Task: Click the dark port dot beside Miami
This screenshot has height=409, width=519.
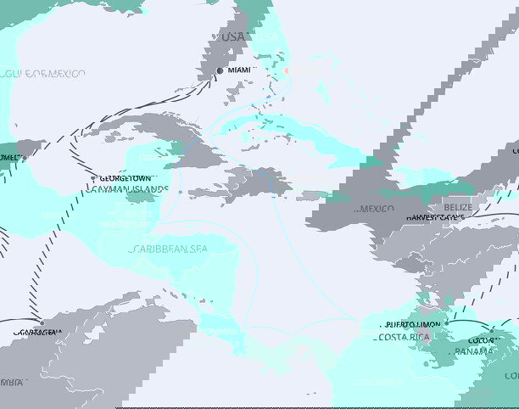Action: coord(220,70)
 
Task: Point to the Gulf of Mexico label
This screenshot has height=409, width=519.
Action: coord(44,74)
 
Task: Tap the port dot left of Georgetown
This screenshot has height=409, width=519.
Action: coord(94,178)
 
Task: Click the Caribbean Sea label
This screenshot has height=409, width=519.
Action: coord(169,249)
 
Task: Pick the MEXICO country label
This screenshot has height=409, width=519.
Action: coord(376,208)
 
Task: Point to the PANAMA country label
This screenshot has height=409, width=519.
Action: coord(474,351)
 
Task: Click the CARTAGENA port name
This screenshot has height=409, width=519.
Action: coord(39,333)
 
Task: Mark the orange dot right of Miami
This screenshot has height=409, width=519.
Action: coord(287,70)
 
